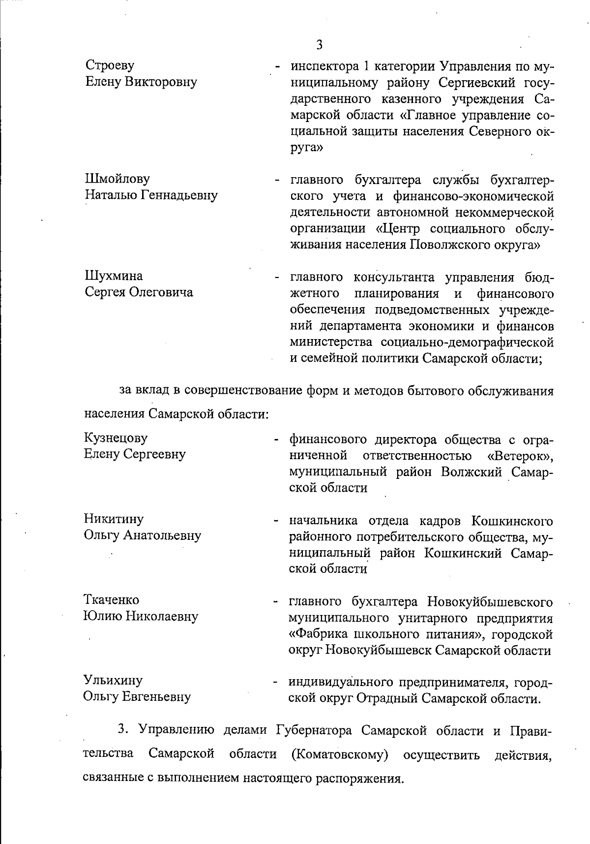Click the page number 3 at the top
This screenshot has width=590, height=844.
click(319, 45)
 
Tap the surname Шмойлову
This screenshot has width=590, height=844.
click(118, 179)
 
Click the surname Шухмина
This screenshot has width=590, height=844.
click(114, 276)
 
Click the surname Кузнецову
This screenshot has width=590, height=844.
click(116, 438)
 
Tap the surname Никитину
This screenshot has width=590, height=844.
click(114, 519)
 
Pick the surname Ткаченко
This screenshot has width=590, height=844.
click(112, 600)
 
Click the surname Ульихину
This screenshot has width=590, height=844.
click(113, 681)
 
